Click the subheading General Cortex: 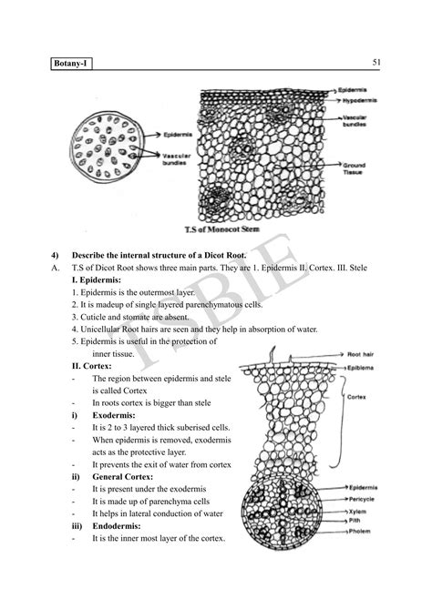[119, 476]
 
